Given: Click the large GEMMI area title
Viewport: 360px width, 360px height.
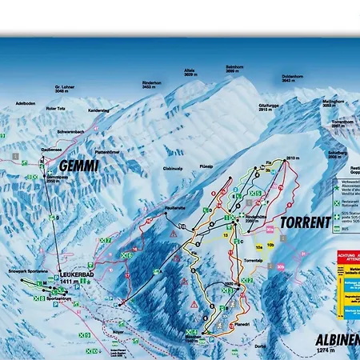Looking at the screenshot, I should (78, 166).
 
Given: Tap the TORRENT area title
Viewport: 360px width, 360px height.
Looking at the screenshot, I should (305, 222).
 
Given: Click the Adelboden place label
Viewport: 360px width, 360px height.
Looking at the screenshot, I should (28, 103).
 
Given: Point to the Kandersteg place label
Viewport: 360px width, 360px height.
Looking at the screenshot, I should (98, 109).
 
